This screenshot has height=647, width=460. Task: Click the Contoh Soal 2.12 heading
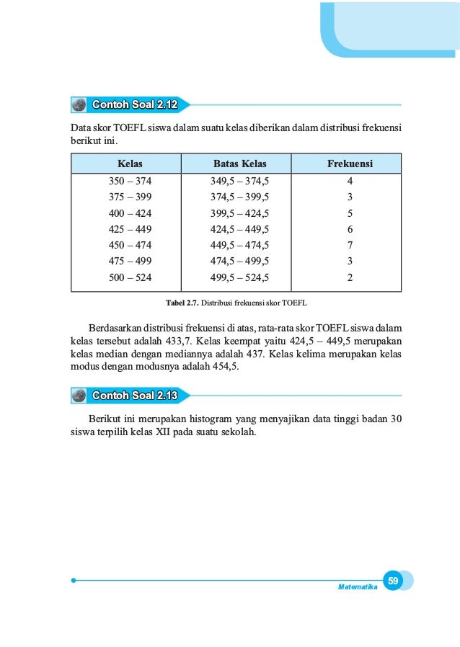(x=135, y=105)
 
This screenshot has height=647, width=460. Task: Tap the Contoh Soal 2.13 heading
(x=135, y=396)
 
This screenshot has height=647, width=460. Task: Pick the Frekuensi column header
(x=349, y=164)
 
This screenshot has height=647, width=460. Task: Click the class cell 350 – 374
(x=131, y=181)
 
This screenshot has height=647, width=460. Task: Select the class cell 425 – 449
(x=131, y=229)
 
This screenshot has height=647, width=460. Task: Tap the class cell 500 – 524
(x=131, y=277)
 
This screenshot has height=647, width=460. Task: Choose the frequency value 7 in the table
(x=349, y=245)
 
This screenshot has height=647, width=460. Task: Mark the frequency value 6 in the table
(x=349, y=229)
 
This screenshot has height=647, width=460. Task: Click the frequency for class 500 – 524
(x=349, y=277)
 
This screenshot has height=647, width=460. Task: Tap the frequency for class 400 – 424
(x=349, y=213)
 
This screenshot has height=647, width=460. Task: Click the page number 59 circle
(x=393, y=580)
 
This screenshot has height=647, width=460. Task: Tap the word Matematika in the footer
(x=358, y=587)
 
